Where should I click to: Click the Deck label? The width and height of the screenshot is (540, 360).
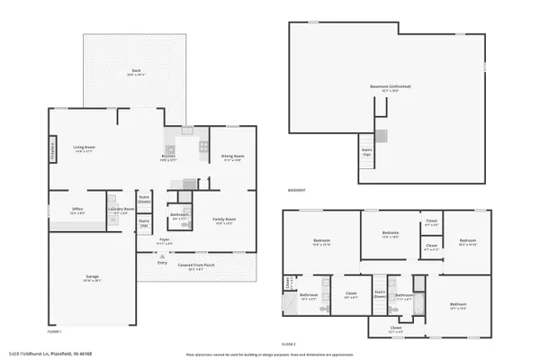[136, 73]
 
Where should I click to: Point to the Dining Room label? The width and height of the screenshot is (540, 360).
[233, 157]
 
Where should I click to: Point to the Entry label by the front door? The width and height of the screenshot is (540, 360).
[163, 263]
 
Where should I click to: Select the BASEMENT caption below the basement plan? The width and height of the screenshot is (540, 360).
[297, 191]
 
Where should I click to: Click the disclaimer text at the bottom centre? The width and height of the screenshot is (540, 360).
[270, 354]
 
